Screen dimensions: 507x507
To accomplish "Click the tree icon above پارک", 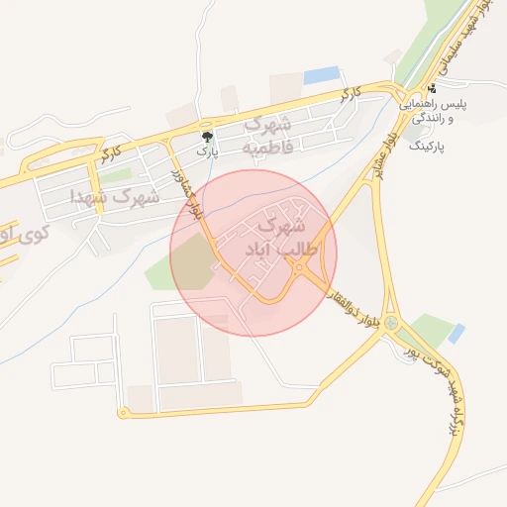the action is [x=207, y=136].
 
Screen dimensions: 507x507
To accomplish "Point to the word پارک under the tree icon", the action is [x=206, y=152].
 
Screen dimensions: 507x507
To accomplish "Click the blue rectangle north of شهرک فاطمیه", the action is [x=321, y=75].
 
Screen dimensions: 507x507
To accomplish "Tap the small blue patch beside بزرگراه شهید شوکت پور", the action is [x=456, y=333].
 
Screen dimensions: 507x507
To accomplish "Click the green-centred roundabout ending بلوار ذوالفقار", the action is [x=394, y=323].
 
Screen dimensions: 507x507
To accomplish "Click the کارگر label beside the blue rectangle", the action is [x=347, y=95].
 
